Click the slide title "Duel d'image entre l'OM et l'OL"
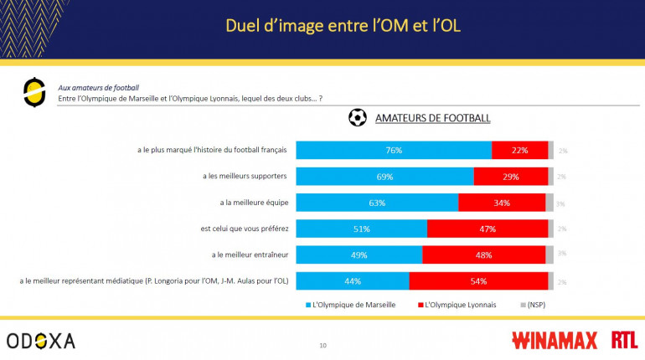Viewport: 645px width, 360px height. point(343,26)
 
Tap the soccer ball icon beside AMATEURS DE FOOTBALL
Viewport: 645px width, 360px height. point(358,118)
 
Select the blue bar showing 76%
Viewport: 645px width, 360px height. point(394,151)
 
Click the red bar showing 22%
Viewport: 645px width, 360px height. point(519,151)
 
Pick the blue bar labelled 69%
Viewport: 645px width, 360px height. point(384,177)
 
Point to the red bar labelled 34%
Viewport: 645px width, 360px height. point(502,203)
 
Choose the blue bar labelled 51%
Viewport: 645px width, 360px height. point(362,229)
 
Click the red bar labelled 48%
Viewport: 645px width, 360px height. point(483,255)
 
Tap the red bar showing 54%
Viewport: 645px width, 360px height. point(478,281)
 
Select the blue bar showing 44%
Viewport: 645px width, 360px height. point(353,281)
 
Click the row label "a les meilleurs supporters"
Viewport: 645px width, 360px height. point(245,177)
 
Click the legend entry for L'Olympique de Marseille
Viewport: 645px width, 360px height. point(349,305)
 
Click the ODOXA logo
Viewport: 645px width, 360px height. point(40,341)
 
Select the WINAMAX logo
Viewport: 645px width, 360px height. point(554,340)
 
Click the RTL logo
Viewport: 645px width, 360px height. point(623,340)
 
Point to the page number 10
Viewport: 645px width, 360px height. point(322,345)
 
